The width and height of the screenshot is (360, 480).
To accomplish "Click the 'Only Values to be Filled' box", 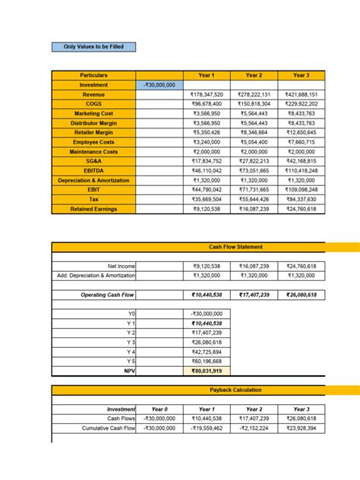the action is point(93,47).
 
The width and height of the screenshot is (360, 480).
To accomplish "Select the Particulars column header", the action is point(93,75).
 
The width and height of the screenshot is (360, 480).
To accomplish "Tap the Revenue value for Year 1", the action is point(207,94).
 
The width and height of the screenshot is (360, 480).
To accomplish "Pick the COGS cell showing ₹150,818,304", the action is point(254,104).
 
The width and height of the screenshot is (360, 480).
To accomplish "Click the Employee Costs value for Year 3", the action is point(302,142).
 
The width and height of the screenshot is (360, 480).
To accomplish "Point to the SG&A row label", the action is point(93,161).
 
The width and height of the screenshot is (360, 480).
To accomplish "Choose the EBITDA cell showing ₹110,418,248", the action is point(302,171).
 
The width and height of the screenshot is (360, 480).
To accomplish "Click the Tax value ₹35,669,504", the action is point(207,199).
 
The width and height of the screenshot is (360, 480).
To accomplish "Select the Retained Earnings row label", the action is point(93,209).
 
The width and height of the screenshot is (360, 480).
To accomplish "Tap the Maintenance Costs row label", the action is point(93,152).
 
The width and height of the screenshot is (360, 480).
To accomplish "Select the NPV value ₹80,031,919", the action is point(207,371).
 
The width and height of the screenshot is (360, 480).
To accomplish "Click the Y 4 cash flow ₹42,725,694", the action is point(207,352).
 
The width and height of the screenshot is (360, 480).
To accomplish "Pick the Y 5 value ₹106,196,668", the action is point(207,361).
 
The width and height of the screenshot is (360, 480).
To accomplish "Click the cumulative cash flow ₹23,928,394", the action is point(302,428).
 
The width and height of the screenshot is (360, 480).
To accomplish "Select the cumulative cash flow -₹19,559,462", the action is point(207,428).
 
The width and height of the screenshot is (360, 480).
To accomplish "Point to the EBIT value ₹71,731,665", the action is point(254,190).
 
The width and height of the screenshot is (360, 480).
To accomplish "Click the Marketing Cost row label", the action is point(93,113).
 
